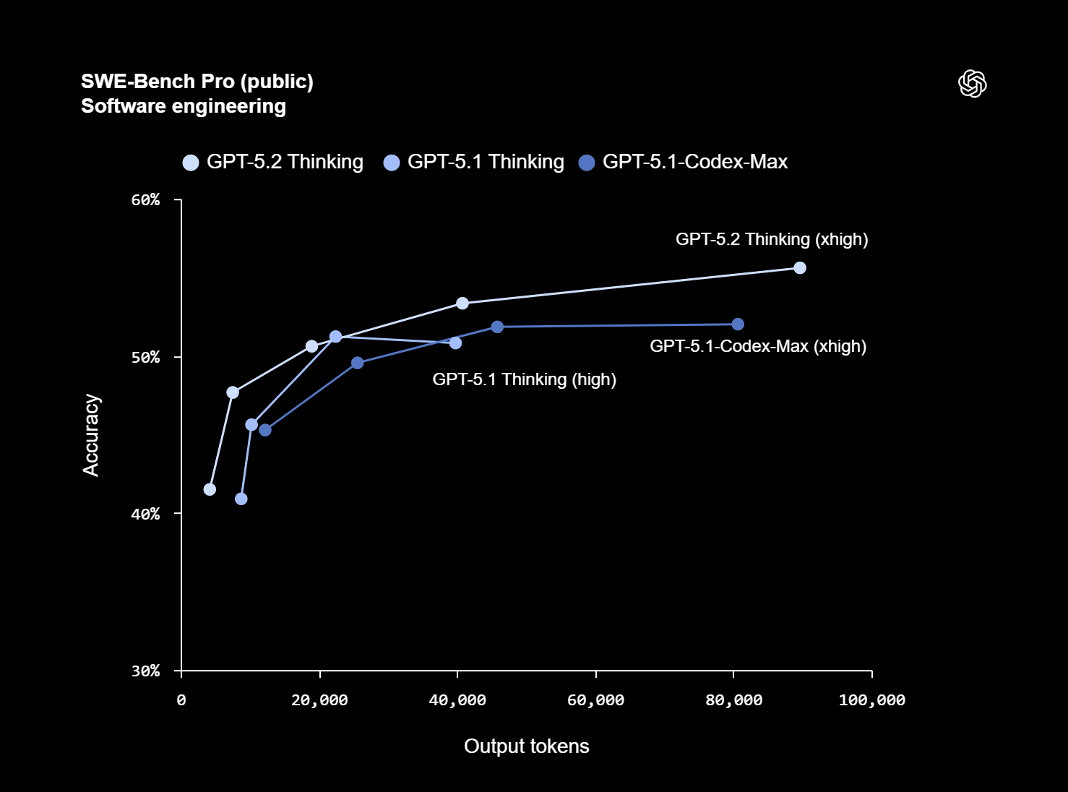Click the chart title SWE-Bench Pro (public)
197,82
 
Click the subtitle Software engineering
183,106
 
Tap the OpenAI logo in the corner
972,83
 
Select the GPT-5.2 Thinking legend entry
273,162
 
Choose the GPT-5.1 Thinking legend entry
474,162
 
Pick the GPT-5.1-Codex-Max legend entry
684,162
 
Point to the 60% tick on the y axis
145,200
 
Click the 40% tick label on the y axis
145,514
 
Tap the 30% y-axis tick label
145,671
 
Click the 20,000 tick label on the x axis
319,700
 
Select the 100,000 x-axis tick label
871,700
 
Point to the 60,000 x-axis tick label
595,700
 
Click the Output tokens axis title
526,746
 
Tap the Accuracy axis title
91,435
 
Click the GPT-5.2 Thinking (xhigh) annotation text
772,239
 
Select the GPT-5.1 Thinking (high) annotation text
524,379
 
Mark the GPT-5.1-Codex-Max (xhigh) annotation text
758,346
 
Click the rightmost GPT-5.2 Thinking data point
800,268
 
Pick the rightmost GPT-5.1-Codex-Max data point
738,324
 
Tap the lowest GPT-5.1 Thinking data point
241,499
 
